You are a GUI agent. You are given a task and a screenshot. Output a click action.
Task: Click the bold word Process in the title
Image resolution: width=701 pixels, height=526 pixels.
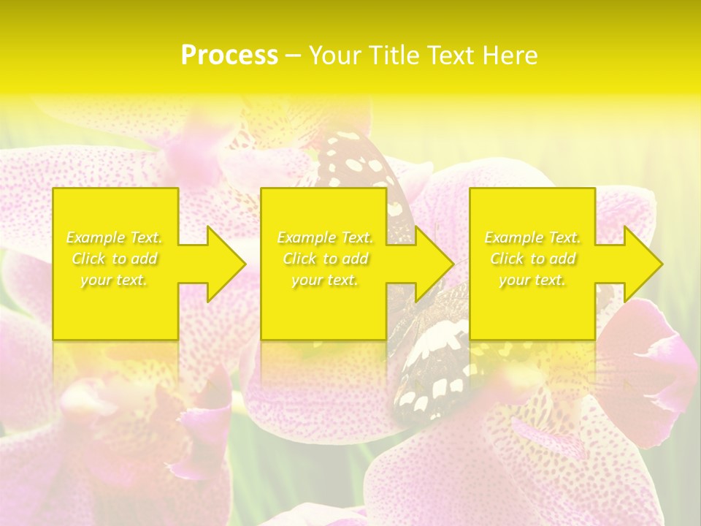pyautogui.click(x=229, y=56)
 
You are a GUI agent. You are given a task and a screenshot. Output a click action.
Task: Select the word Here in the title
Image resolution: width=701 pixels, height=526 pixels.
pyautogui.click(x=510, y=56)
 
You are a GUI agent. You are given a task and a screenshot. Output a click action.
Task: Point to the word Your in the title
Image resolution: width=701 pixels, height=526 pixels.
pyautogui.click(x=333, y=56)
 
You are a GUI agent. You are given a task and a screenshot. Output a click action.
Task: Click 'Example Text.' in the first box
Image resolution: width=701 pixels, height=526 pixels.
pyautogui.click(x=115, y=237)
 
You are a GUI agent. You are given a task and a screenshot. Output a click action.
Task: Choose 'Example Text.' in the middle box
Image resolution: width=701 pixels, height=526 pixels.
pyautogui.click(x=325, y=237)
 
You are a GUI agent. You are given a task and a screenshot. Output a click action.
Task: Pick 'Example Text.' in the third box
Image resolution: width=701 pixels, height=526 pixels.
pyautogui.click(x=532, y=237)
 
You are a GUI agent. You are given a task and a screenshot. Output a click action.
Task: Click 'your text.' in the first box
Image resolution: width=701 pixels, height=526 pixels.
pyautogui.click(x=115, y=280)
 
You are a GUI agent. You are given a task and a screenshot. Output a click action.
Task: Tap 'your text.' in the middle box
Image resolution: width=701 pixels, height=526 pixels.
pyautogui.click(x=325, y=280)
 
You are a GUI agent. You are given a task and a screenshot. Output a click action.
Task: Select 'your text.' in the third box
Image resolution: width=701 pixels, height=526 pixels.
pyautogui.click(x=532, y=280)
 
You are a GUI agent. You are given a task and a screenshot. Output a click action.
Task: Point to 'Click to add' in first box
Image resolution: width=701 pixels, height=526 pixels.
pyautogui.click(x=115, y=259)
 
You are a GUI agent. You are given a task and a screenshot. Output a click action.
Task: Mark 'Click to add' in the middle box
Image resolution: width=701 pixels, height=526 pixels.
pyautogui.click(x=325, y=259)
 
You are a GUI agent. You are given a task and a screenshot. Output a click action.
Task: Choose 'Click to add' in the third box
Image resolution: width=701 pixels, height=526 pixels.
pyautogui.click(x=532, y=259)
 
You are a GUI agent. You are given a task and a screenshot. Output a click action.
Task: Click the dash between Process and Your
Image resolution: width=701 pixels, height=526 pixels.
pyautogui.click(x=294, y=56)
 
